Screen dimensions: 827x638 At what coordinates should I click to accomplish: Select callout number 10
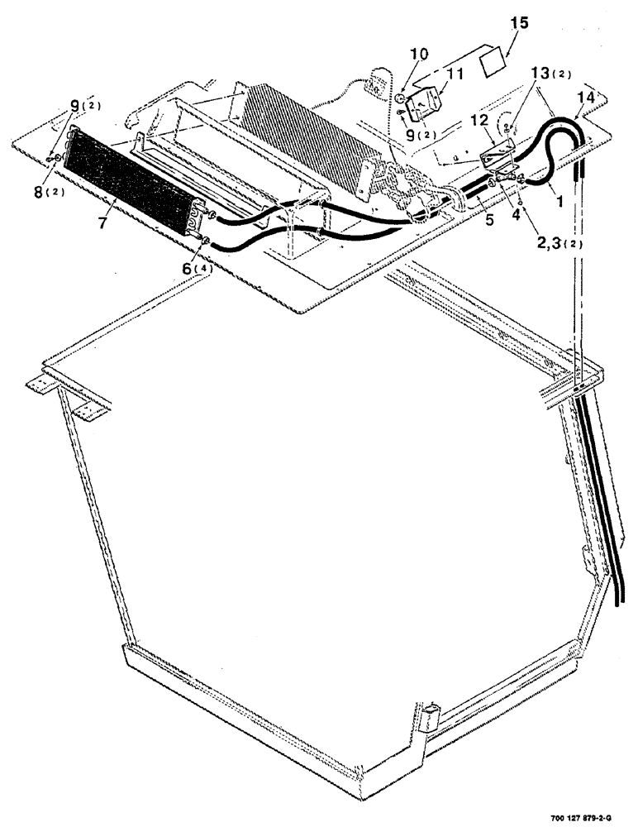pyautogui.click(x=419, y=55)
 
